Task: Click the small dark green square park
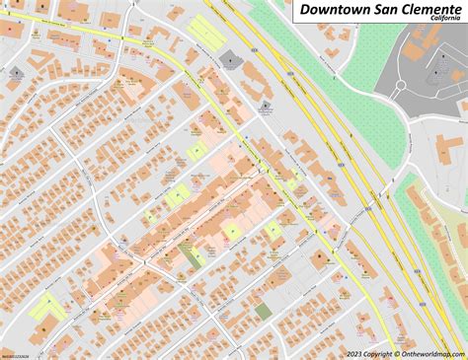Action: (x=263, y=311)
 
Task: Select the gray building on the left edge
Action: (x=16, y=74)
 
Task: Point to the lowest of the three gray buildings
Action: (x=266, y=108)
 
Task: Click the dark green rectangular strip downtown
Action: (x=190, y=254)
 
